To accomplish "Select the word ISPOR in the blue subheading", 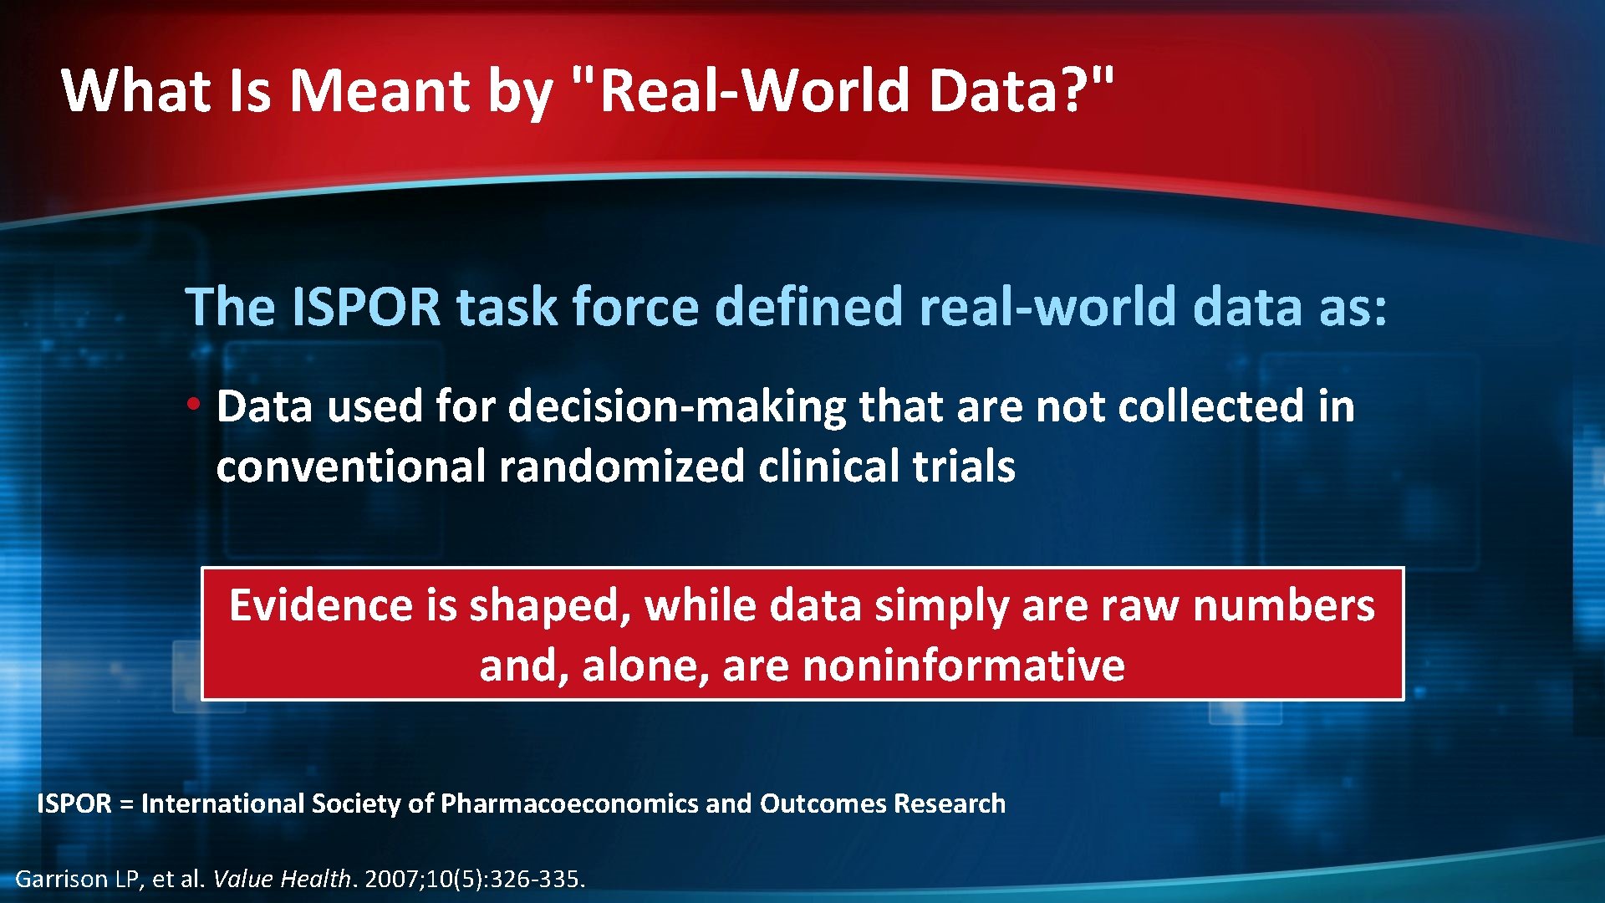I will pos(366,307).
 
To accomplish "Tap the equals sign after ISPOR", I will pos(126,804).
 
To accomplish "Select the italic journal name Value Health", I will pos(282,879).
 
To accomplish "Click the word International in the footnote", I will pos(222,804).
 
